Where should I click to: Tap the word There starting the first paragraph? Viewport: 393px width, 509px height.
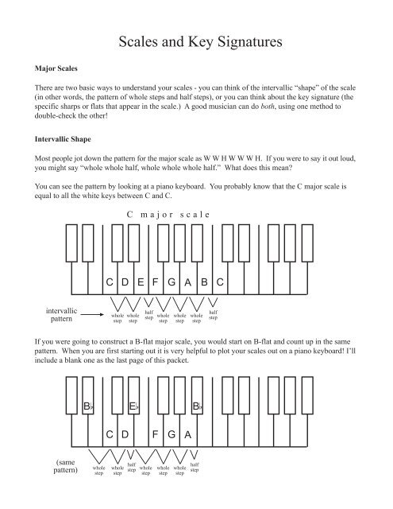point(44,91)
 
